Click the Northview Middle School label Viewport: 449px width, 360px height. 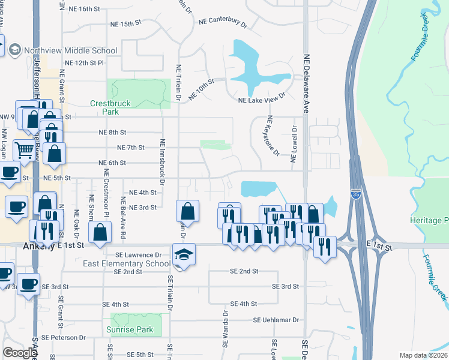point(70,50)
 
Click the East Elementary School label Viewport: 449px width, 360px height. point(126,263)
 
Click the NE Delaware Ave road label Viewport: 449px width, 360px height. point(306,84)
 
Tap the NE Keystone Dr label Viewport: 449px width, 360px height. point(273,135)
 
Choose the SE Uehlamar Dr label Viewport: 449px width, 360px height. point(276,320)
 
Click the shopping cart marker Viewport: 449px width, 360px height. point(25,151)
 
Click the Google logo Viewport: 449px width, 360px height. point(20,353)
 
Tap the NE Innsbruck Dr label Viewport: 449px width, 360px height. point(162,159)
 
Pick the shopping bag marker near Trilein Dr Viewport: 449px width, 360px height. point(187,212)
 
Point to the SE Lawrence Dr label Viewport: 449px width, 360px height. point(136,254)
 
